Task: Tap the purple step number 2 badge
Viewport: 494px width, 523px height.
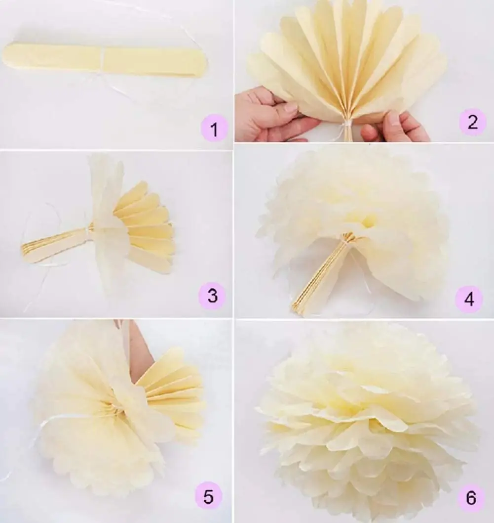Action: [472, 122]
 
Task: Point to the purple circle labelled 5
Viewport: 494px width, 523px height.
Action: [208, 496]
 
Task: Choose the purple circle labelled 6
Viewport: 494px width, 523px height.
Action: [471, 497]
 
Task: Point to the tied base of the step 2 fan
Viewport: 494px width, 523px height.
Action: [348, 126]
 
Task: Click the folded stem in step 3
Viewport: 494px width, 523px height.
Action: [54, 242]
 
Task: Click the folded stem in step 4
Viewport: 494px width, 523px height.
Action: [321, 277]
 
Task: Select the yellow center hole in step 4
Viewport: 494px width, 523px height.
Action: [368, 222]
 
